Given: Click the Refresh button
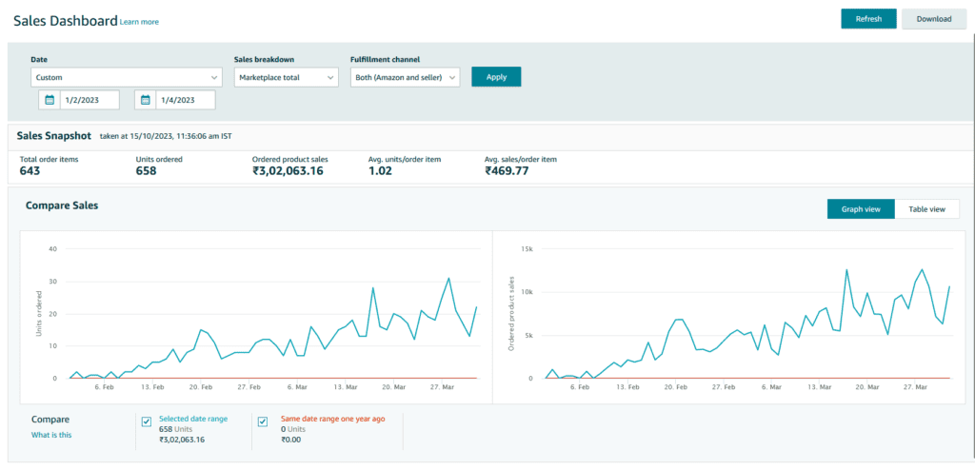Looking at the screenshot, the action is point(868,19).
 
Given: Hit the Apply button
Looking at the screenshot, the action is point(496,77).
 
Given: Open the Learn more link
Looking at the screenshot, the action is point(139,22).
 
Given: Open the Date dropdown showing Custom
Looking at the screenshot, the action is point(127,78).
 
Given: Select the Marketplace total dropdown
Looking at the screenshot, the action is point(286,78).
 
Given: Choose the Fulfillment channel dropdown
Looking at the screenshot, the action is point(405,78).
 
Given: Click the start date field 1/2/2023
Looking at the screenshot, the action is point(90,100).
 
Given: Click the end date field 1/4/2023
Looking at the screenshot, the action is point(186,100).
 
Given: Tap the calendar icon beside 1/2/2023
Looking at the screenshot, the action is point(50,100).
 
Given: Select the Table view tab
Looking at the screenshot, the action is point(926,209).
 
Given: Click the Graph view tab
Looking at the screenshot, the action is point(861,209).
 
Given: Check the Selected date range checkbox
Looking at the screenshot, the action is point(147,422).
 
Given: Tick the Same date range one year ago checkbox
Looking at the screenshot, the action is point(263,422).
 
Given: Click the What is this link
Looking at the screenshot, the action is point(51,435).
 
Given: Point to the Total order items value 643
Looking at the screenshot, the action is point(30,171).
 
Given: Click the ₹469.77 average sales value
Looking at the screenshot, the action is point(507,171).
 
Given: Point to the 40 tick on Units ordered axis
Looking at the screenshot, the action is point(53,248).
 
